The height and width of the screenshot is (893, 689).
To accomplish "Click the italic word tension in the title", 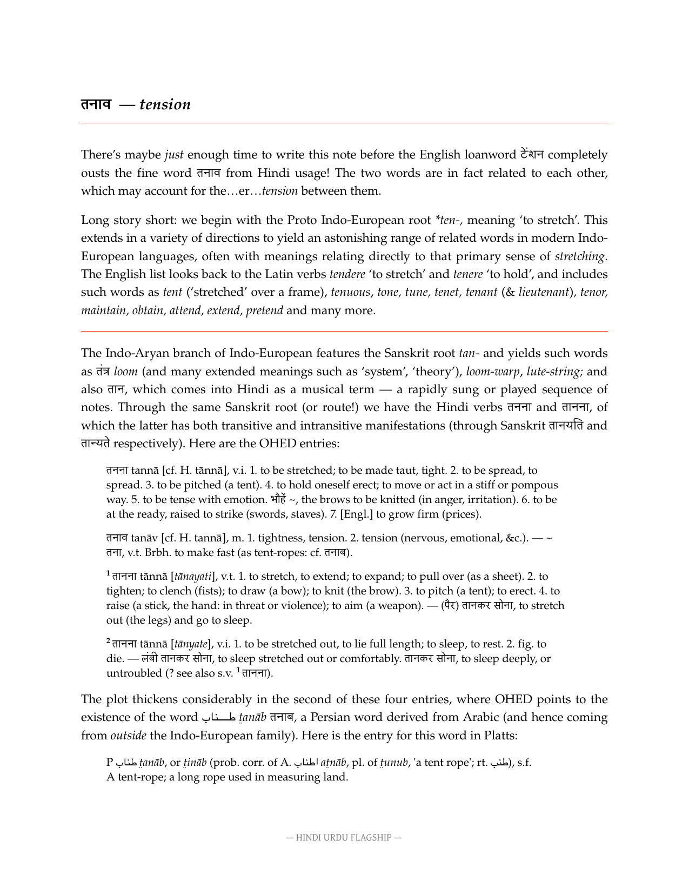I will click(x=165, y=104).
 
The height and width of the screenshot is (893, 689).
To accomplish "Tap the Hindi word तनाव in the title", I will click(x=96, y=104).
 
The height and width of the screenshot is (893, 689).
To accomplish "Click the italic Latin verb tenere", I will click(x=468, y=274).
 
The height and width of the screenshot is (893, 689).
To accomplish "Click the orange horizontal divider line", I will click(x=344, y=331).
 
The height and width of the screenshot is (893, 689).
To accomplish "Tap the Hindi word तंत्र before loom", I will click(x=103, y=372).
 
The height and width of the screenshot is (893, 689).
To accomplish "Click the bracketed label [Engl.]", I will click(x=356, y=514).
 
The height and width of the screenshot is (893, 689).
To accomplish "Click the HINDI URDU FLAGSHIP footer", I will click(x=344, y=838).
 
